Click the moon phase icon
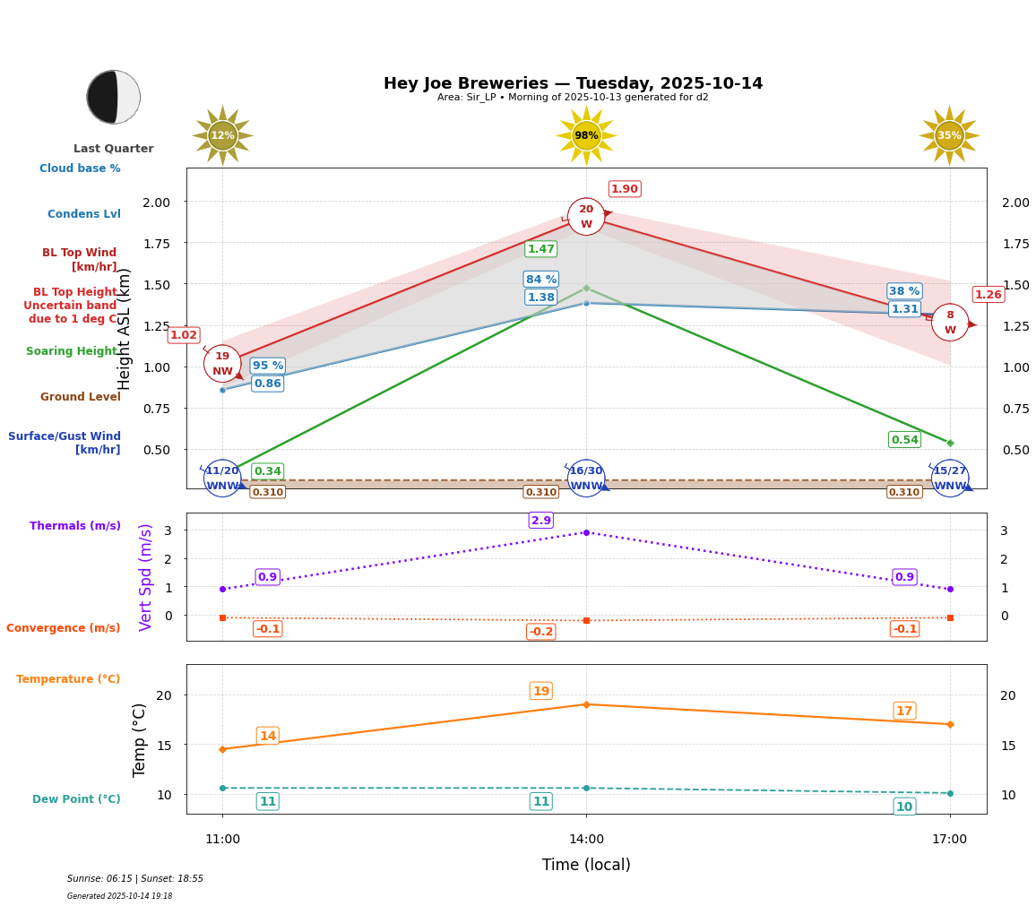pos(114,97)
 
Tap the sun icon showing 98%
pos(586,136)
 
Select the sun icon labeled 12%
pos(222,136)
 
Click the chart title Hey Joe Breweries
pos(573,83)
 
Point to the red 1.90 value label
pos(625,189)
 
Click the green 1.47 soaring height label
pos(541,249)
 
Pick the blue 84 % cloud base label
pos(541,280)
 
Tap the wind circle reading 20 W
pos(586,217)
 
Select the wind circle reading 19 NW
pos(222,364)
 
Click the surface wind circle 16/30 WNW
pos(586,479)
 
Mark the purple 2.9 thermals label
pos(541,521)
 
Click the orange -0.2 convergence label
pos(541,632)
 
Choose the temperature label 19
pos(541,691)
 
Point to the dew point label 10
pos(904,807)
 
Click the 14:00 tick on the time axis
pos(586,840)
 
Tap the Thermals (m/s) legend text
pos(75,526)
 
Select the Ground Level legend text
pos(81,397)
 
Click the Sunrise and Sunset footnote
pos(135,879)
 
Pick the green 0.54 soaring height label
pos(904,440)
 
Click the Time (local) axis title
pos(586,865)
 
